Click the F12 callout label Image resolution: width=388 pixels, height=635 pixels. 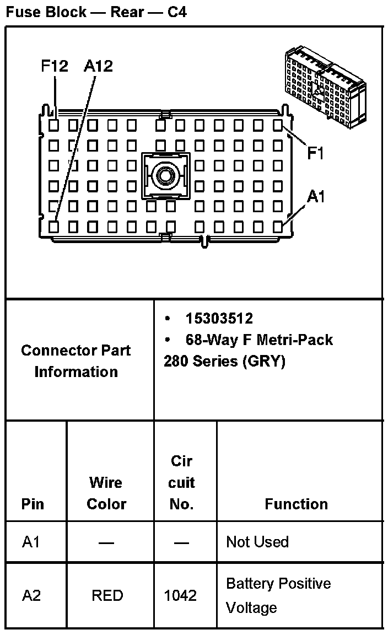[55, 66]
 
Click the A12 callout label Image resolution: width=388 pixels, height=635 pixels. [98, 66]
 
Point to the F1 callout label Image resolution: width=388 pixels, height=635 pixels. [315, 154]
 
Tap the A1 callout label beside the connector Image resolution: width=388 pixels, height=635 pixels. [316, 196]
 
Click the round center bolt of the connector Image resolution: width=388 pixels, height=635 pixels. [164, 176]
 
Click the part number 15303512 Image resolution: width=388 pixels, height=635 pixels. [219, 319]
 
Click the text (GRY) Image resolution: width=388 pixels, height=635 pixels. [263, 362]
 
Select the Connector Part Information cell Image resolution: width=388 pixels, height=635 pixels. [76, 360]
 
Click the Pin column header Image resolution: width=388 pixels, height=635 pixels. [33, 504]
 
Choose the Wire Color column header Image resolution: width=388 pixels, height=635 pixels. [106, 493]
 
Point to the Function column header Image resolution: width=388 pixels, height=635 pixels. [296, 504]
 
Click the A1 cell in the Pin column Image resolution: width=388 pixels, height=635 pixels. [31, 542]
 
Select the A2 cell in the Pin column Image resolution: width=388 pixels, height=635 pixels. [31, 595]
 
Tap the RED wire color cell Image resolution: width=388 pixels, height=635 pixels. [107, 595]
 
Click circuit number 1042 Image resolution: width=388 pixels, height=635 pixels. [180, 595]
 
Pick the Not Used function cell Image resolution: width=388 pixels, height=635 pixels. [257, 542]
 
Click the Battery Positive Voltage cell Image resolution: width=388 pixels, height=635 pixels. [278, 595]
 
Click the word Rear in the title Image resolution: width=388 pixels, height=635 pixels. [127, 12]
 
